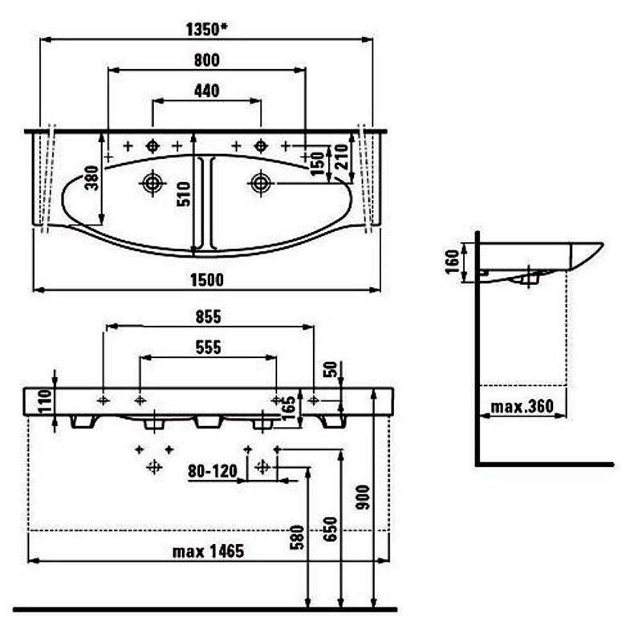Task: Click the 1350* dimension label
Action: click(207, 30)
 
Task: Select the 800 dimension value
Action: click(207, 60)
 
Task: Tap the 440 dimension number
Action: click(207, 91)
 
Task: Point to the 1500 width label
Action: click(207, 280)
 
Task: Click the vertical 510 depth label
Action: click(185, 194)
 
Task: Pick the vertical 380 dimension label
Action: click(92, 177)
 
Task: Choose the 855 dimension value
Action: click(208, 317)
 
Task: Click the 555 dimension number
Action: click(208, 347)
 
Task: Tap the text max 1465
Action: click(208, 551)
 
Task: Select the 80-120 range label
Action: click(213, 471)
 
